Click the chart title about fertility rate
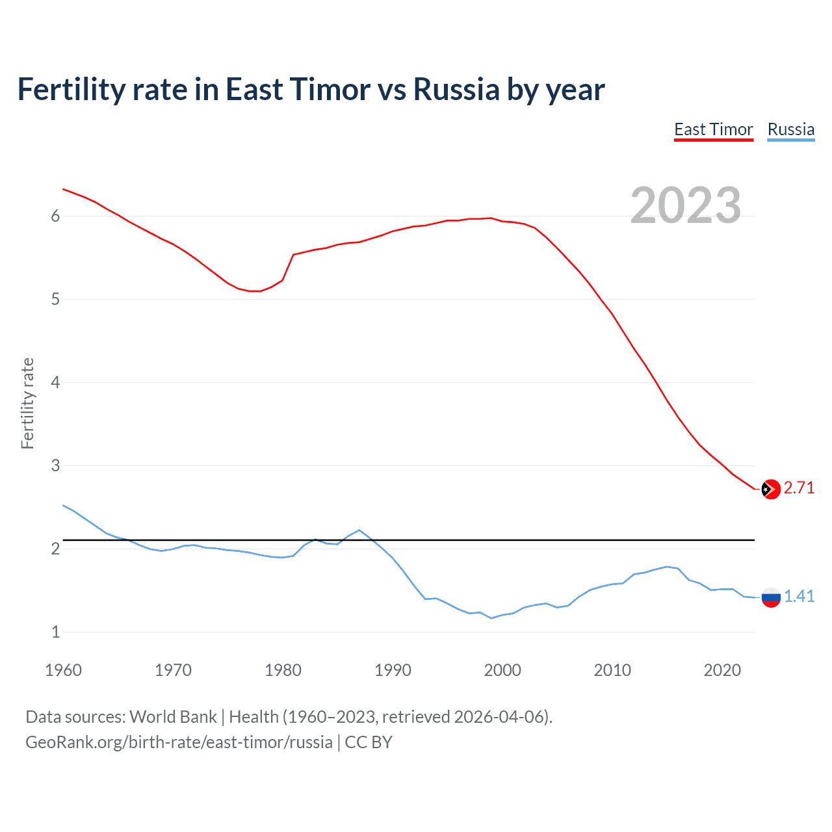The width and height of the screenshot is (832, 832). click(311, 90)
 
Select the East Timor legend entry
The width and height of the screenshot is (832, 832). click(713, 129)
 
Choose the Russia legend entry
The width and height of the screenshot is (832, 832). click(790, 129)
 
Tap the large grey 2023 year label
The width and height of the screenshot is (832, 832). click(685, 205)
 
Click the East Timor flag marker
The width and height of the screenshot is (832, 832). click(770, 489)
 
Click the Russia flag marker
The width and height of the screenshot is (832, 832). click(770, 597)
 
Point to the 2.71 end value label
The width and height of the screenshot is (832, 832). click(799, 488)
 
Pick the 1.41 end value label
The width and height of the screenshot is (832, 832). click(799, 597)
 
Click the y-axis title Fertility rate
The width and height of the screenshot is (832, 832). click(27, 403)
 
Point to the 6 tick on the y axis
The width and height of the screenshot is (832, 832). click(55, 216)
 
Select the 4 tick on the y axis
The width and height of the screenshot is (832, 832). click(55, 382)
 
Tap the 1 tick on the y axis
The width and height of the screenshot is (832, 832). click(55, 632)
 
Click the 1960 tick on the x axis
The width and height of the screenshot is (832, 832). click(63, 670)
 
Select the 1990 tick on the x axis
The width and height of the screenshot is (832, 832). click(393, 670)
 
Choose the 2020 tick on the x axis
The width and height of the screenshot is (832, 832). click(722, 670)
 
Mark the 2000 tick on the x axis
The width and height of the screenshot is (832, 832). click(502, 670)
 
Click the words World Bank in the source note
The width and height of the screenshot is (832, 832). click(173, 717)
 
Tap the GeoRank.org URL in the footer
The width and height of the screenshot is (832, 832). click(179, 742)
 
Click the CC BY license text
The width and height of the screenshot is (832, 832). click(369, 742)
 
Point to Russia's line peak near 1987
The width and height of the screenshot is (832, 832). click(359, 530)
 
